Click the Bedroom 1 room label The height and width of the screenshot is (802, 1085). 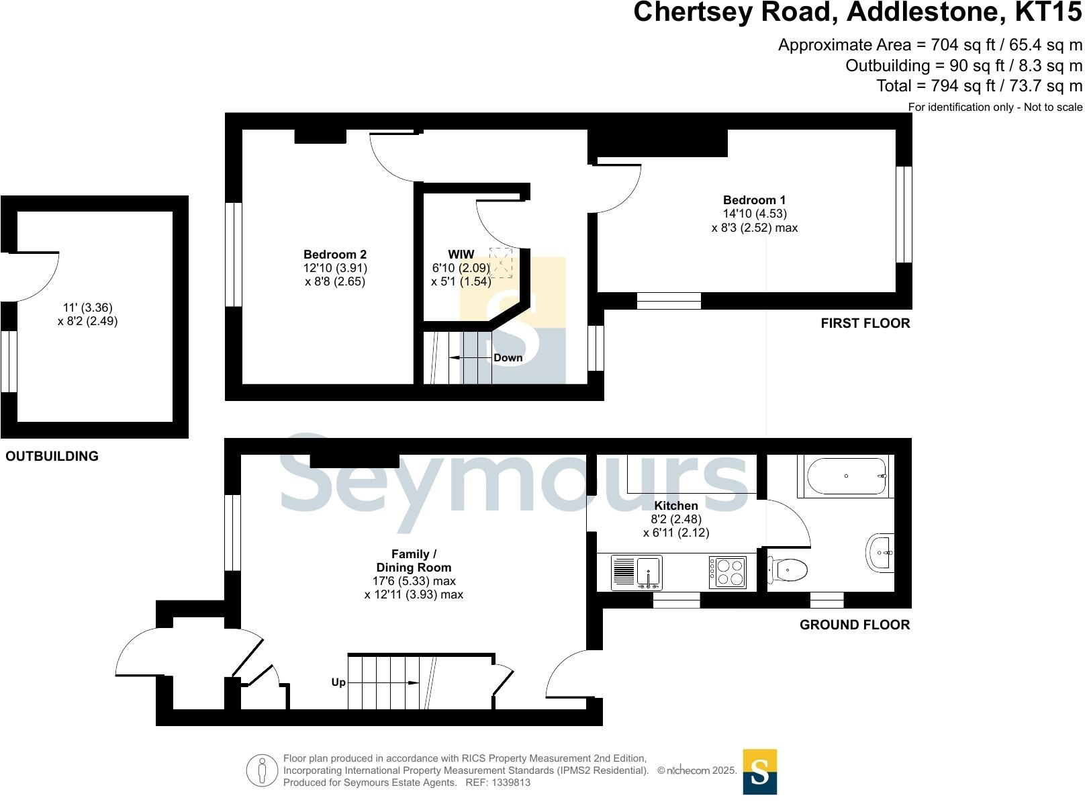click(754, 200)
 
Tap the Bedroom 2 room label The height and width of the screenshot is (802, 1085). click(335, 255)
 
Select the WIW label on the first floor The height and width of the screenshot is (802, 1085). click(461, 255)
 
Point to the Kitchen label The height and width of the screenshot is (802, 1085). click(676, 506)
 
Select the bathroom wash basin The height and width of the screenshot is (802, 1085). click(880, 553)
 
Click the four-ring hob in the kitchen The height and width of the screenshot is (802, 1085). click(728, 573)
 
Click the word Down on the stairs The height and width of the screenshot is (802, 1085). click(508, 358)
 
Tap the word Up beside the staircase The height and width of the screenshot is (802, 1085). click(338, 682)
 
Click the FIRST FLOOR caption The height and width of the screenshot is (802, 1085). click(865, 323)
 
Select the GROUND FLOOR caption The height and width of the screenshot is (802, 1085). click(854, 625)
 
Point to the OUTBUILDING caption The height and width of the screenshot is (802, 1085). click(52, 456)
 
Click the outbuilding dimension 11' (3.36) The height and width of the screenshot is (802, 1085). click(88, 308)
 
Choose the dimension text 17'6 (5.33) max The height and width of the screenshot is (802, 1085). click(414, 581)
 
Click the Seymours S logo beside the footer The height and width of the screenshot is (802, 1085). click(759, 772)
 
